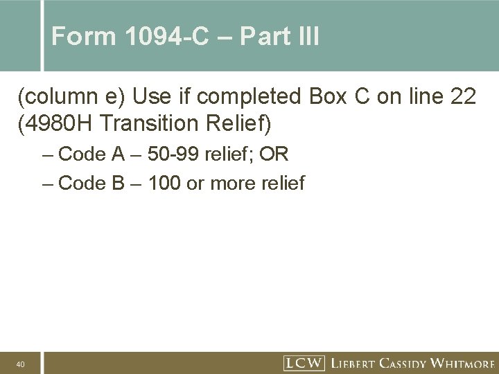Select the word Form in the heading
pos(78,36)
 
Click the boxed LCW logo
pos(303,362)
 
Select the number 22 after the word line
pos(462,98)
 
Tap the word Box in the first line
pos(329,98)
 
